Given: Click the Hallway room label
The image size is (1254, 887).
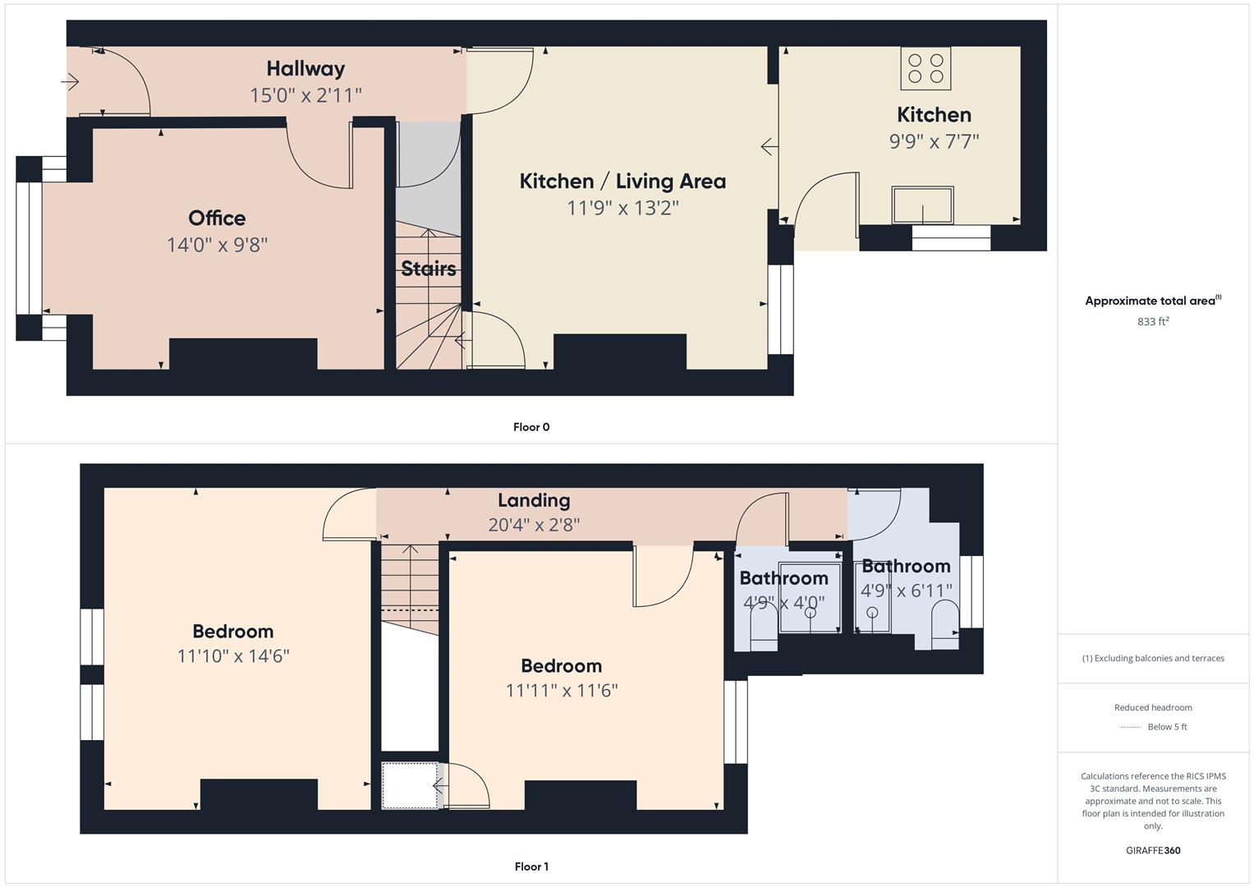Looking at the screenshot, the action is [305, 69].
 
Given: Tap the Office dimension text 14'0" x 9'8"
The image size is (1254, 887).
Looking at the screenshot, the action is [217, 245].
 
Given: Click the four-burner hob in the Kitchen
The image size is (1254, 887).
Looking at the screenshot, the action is [926, 68].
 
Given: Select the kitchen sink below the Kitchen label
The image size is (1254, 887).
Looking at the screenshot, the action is [922, 205].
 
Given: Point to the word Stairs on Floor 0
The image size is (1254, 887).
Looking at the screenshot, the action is [429, 269].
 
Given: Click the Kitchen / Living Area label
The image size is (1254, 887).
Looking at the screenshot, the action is [622, 182].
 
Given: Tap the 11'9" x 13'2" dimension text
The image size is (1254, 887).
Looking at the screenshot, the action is [622, 209].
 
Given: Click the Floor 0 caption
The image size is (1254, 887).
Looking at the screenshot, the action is [531, 427].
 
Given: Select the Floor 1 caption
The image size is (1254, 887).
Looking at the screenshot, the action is [531, 866].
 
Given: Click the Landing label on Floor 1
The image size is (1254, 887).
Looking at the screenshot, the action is [534, 501].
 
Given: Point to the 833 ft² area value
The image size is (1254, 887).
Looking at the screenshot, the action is [1153, 321].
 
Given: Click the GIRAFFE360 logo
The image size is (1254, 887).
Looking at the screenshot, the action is [1153, 851].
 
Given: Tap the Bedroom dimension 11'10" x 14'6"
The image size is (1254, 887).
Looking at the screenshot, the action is [233, 655].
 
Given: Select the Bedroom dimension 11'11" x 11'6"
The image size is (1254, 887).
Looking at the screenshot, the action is [562, 691].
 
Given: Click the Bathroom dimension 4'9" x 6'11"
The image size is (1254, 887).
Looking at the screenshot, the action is [907, 591].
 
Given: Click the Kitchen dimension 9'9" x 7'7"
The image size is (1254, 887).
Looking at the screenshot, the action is [935, 141].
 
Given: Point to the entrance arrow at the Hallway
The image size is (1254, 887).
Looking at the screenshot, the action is [70, 82].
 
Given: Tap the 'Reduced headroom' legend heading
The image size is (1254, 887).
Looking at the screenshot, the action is [1153, 708].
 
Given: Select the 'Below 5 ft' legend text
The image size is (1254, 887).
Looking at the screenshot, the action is [1167, 727].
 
